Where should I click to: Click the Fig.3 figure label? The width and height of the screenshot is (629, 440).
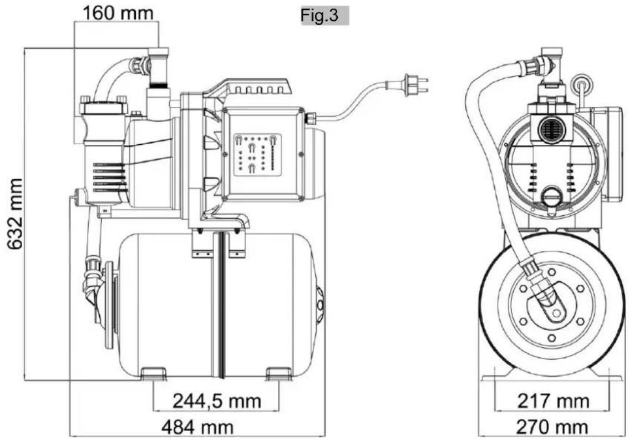point(319,15)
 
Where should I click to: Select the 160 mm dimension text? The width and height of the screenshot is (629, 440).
point(118,13)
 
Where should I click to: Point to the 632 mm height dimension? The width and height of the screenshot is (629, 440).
point(16,214)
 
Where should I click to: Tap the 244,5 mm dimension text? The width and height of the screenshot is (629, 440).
point(217,401)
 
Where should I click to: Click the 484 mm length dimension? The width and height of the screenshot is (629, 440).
point(197,427)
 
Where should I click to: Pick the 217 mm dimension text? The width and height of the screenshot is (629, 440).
point(554,401)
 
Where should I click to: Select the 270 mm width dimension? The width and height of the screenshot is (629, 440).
point(552,427)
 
